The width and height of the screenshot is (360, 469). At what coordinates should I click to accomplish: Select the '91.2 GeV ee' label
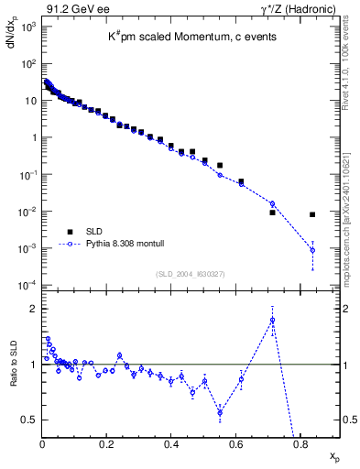(x=74, y=9)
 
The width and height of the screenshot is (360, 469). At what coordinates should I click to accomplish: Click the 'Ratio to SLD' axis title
(x=12, y=376)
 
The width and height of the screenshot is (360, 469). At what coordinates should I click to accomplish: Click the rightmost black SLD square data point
(x=312, y=214)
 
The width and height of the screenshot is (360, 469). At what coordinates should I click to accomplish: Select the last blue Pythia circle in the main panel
(x=312, y=250)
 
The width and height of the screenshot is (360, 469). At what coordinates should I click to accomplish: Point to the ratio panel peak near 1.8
(x=272, y=320)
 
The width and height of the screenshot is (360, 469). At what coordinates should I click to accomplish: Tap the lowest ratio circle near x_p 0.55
(x=220, y=412)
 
